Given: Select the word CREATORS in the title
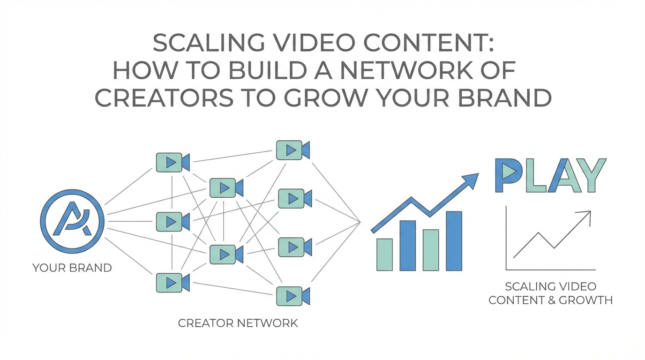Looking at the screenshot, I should pyautogui.click(x=161, y=98).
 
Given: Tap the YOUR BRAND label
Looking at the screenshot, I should pyautogui.click(x=72, y=268).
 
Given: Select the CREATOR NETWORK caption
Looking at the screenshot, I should pyautogui.click(x=238, y=323).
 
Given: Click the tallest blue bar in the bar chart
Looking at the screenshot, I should pyautogui.click(x=454, y=241).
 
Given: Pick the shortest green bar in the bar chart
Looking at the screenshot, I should pyautogui.click(x=384, y=255).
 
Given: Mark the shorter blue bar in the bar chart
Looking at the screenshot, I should pyautogui.click(x=407, y=246).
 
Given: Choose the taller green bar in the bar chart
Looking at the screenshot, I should pyautogui.click(x=431, y=250).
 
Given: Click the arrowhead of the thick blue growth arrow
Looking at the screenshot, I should pyautogui.click(x=471, y=180).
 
